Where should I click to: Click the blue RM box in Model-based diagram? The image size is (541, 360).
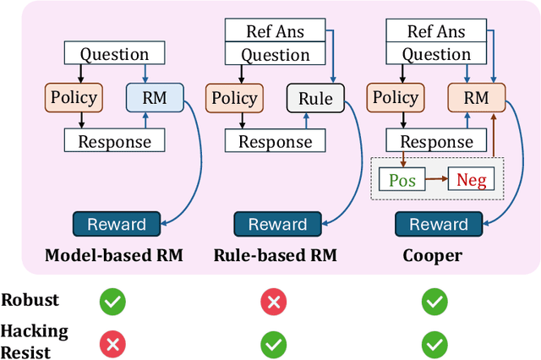pyautogui.click(x=154, y=97)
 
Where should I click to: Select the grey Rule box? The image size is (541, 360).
pyautogui.click(x=315, y=97)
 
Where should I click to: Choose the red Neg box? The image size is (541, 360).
pyautogui.click(x=471, y=179)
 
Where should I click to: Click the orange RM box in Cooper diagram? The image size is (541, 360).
pyautogui.click(x=476, y=97)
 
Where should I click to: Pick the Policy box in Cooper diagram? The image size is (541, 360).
pyautogui.click(x=396, y=97)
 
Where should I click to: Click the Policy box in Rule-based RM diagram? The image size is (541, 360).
pyautogui.click(x=234, y=97)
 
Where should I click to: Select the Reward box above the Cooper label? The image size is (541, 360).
pyautogui.click(x=439, y=225)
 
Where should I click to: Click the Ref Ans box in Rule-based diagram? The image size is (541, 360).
pyautogui.click(x=277, y=32)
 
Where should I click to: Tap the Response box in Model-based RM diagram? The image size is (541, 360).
pyautogui.click(x=114, y=140)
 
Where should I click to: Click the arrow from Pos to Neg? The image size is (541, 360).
pyautogui.click(x=434, y=179)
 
